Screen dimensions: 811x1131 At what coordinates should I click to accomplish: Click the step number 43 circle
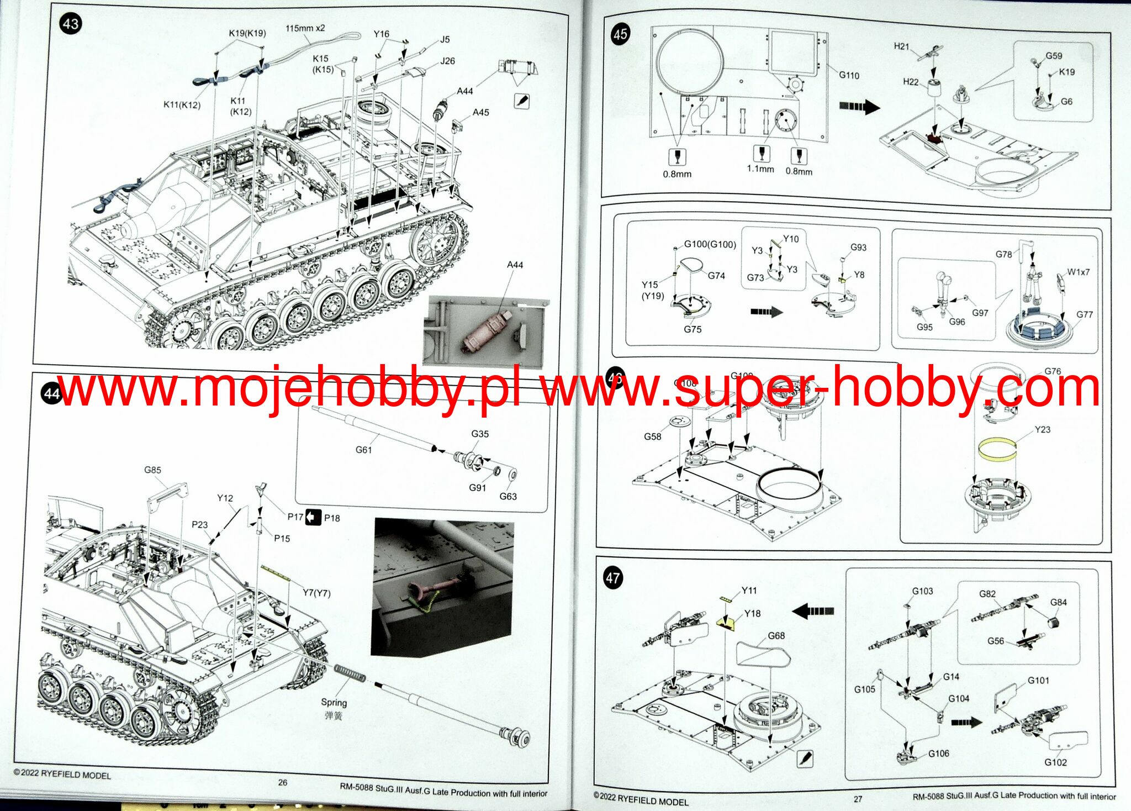point(71,24)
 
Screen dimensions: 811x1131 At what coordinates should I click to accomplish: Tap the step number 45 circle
point(620,34)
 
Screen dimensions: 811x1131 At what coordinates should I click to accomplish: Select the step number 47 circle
point(612,578)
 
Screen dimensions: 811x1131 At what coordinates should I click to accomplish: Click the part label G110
point(849,75)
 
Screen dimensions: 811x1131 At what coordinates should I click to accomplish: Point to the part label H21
point(901,46)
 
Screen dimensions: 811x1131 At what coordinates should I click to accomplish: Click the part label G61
point(363,450)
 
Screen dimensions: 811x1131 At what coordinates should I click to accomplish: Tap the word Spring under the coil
point(334,702)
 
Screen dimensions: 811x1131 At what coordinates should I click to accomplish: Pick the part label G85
point(152,470)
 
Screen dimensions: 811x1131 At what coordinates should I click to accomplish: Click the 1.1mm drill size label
point(760,169)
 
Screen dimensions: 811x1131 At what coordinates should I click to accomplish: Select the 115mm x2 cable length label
point(305,28)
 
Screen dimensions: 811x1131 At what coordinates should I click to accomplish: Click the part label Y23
point(1042,429)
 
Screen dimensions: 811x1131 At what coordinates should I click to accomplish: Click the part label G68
point(776,635)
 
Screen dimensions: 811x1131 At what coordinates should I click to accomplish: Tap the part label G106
point(938,754)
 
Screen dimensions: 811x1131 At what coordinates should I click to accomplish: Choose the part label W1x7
point(1078,272)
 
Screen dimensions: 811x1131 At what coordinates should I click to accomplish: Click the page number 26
point(283,782)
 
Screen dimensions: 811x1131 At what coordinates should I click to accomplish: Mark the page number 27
point(858,799)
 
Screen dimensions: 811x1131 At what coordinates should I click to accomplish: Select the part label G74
point(716,276)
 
